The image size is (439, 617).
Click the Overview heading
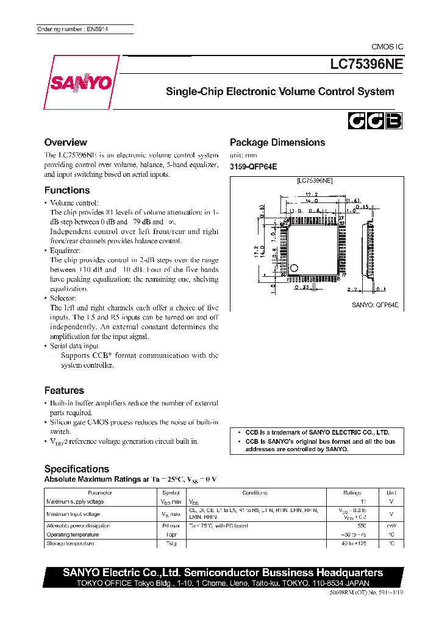click(66, 142)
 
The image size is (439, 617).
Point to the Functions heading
click(67, 190)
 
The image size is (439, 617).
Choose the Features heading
click(64, 390)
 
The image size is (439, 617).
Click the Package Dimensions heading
click(277, 142)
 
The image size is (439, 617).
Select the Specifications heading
click(77, 469)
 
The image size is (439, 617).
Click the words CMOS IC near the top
click(387, 47)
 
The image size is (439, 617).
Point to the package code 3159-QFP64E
click(253, 166)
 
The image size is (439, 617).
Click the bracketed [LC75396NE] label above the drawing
click(314, 180)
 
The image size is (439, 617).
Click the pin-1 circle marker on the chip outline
click(294, 267)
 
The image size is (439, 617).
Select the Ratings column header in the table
click(352, 493)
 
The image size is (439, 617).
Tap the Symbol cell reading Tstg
click(171, 543)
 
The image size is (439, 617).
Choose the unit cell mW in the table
click(391, 526)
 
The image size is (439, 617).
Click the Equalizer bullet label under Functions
click(65, 250)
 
